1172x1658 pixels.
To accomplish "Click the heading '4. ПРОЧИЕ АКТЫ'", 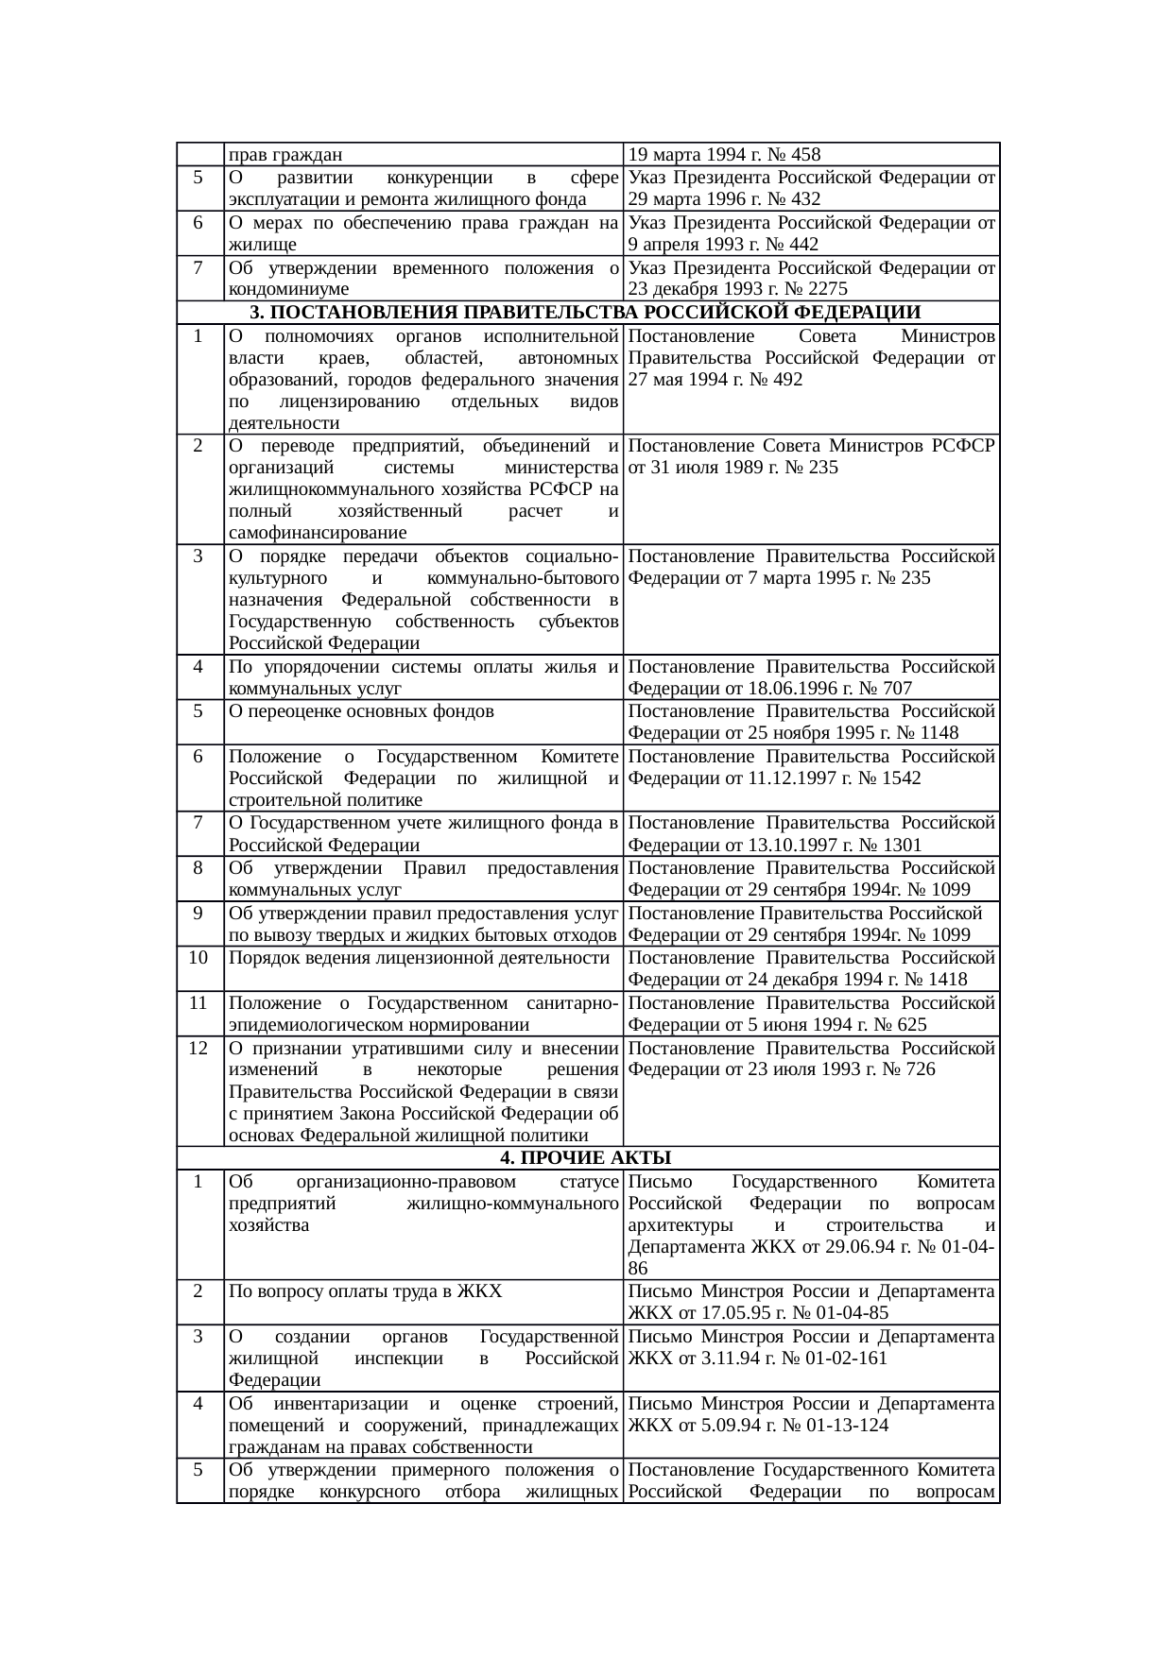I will pos(586,1158).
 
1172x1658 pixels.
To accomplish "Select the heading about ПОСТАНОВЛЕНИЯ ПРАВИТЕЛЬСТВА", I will pos(586,313).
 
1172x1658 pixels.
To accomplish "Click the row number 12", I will pos(198,1048).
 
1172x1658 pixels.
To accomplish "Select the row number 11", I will pos(198,1003).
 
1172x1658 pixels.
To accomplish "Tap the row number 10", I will pos(198,958).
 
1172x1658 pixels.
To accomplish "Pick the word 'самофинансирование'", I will pos(315,534).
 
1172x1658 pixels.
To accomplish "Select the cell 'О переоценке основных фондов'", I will pos(361,711).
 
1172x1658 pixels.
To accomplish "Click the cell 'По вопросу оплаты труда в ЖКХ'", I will pos(365,1291).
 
